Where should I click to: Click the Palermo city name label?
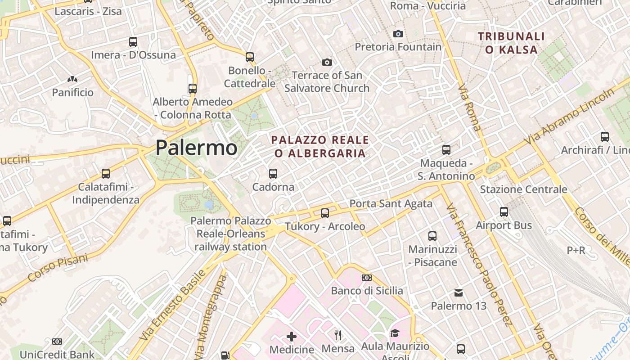click(196, 148)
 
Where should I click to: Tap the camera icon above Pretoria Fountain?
click(398, 34)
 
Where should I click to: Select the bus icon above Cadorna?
click(273, 173)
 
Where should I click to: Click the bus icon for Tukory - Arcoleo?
click(324, 213)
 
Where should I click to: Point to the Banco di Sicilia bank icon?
click(367, 278)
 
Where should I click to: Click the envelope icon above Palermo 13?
click(459, 293)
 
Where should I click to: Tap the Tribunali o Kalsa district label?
click(511, 43)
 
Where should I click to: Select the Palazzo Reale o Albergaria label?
click(320, 147)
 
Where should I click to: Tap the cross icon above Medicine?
click(292, 336)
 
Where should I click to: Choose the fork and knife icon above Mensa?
click(338, 335)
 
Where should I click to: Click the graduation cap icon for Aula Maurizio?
click(395, 333)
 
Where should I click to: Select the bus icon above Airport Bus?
click(504, 211)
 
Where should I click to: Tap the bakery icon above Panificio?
click(72, 79)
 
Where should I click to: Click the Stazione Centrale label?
click(523, 189)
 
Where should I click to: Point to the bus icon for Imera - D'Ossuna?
click(133, 42)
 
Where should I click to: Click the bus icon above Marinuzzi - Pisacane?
click(432, 235)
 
